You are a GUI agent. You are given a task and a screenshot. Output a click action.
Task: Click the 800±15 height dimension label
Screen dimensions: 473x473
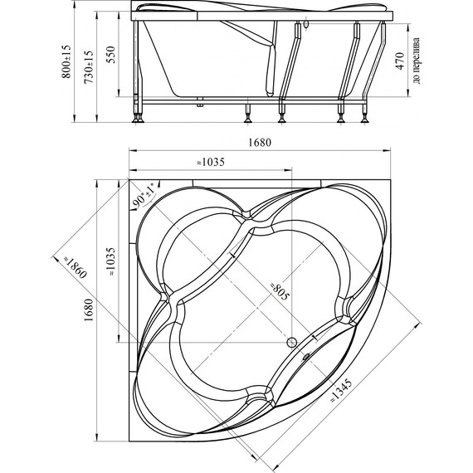66,61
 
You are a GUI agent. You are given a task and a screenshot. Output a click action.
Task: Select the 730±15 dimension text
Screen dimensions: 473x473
89,67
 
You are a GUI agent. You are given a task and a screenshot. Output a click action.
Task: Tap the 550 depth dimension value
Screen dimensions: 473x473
111,54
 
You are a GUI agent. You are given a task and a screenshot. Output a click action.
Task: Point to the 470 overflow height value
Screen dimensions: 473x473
400,61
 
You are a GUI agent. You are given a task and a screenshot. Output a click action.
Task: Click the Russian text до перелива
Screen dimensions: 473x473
417,61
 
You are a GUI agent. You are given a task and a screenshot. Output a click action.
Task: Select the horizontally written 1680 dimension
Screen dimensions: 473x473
260,142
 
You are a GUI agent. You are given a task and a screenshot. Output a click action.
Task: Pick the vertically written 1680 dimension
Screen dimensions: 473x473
89,310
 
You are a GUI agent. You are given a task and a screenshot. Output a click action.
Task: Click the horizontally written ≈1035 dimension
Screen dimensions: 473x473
211,163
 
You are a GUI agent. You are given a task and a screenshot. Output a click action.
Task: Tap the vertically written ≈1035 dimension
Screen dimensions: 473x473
111,262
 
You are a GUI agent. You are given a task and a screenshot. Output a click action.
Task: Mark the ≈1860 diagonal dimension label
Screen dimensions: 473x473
74,266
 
